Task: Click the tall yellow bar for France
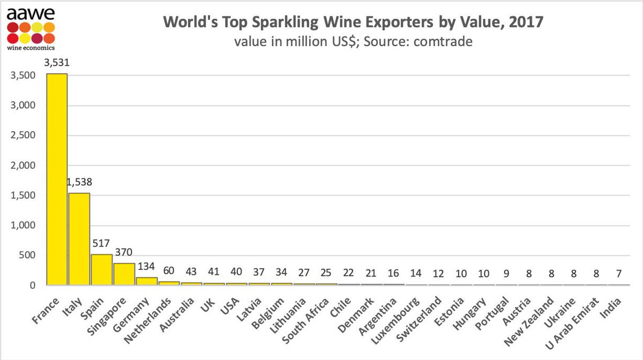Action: (57, 179)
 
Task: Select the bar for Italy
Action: (79, 239)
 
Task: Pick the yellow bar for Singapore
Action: (124, 274)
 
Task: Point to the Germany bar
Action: (147, 281)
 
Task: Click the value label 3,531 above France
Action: (57, 63)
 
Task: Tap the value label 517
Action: (102, 244)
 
